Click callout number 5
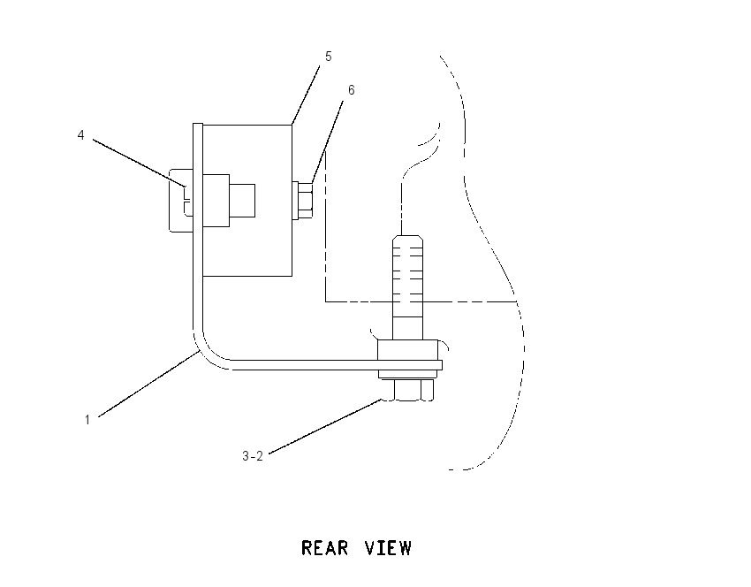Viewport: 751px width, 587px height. [328, 57]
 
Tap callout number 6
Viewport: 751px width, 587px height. [351, 90]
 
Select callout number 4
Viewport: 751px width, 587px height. [80, 135]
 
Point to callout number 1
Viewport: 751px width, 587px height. [87, 420]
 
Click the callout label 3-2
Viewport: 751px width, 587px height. [253, 456]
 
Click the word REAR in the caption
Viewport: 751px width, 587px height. [325, 548]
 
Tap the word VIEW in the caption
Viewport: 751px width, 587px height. [388, 548]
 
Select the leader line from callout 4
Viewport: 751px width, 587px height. [139, 163]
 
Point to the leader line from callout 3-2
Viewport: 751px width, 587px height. [325, 426]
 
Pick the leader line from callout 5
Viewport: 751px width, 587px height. [306, 94]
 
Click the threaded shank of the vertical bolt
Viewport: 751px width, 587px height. [407, 287]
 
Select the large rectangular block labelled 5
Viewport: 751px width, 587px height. [247, 201]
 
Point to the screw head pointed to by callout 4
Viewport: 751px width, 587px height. [181, 201]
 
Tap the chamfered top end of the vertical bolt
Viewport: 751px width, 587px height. [407, 239]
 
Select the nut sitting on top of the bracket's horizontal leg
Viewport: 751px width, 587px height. [407, 350]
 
